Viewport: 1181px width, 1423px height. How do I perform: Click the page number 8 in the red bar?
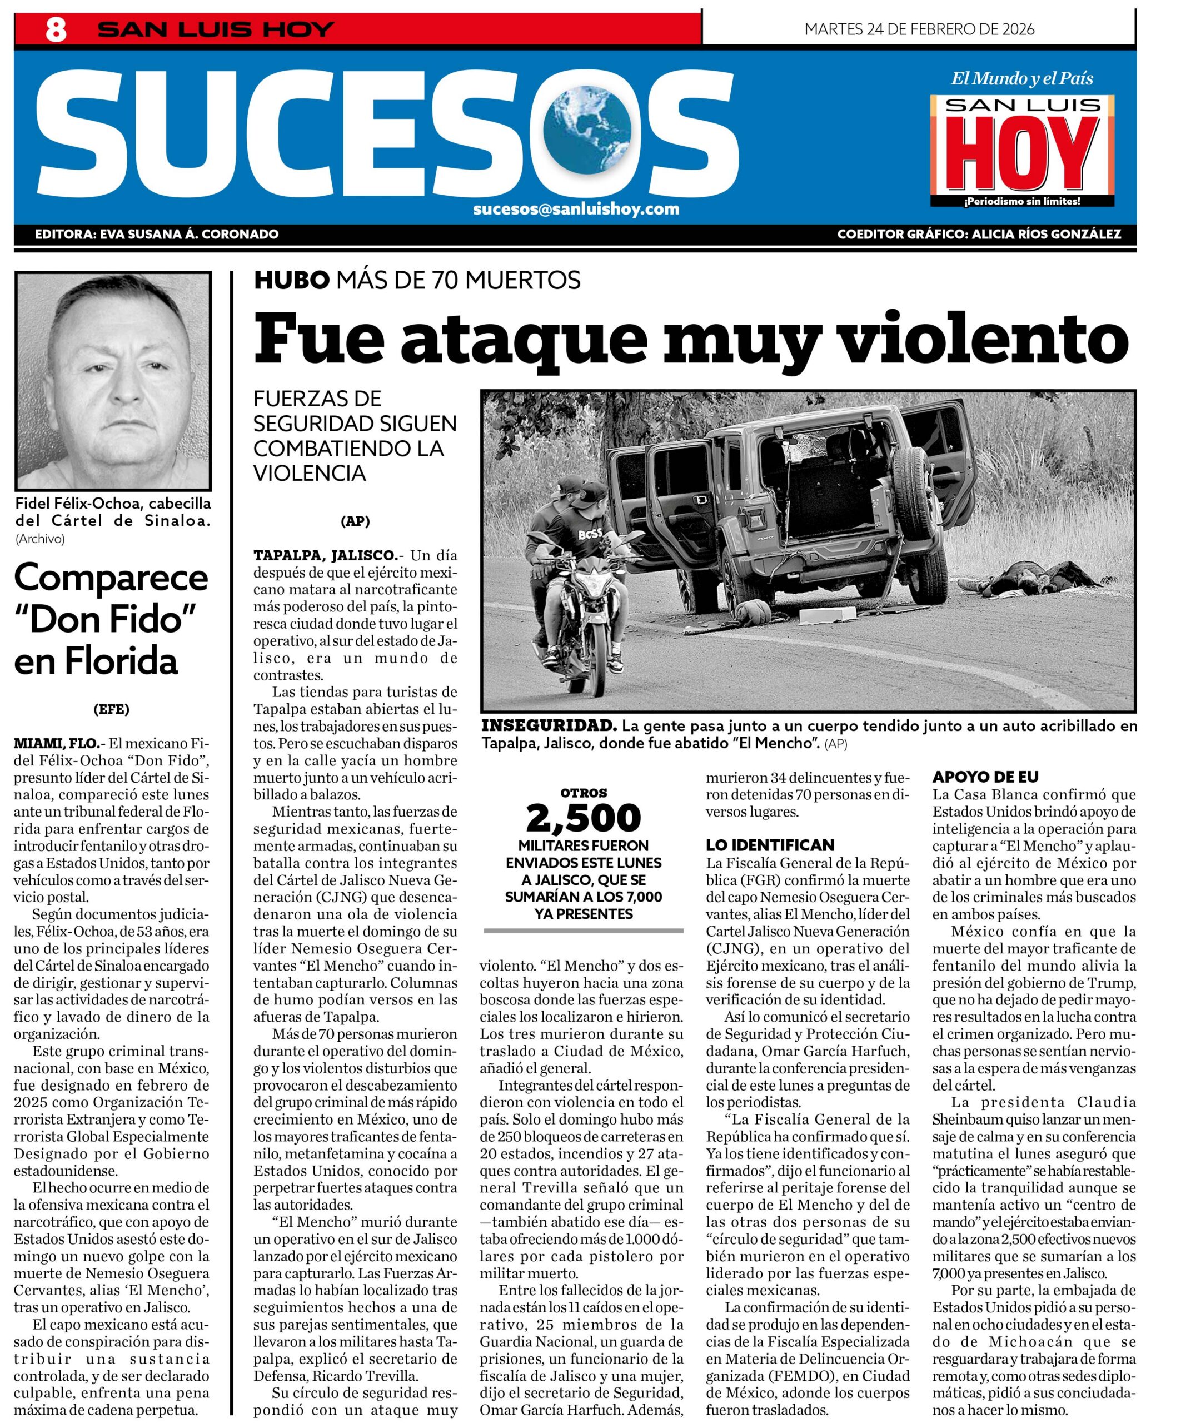point(56,31)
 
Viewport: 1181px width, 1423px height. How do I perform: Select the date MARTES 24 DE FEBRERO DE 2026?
point(919,29)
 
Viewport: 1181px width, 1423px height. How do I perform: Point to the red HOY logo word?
point(1021,155)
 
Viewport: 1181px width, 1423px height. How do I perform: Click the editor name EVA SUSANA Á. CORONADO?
point(189,235)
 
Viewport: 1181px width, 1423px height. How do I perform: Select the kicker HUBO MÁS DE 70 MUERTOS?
point(417,280)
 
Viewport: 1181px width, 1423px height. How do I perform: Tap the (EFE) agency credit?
point(111,709)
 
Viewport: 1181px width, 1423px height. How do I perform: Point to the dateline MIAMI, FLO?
point(56,743)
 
